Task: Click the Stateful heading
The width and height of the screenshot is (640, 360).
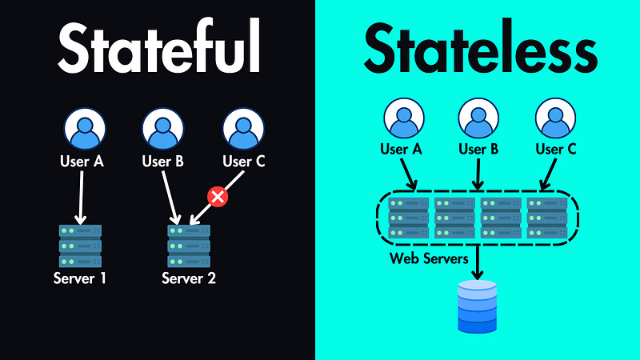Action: click(158, 50)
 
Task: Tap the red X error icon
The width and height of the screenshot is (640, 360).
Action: click(216, 196)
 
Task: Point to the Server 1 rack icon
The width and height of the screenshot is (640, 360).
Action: click(81, 246)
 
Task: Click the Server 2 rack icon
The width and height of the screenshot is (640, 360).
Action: click(189, 246)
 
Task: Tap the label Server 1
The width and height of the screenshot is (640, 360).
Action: click(80, 279)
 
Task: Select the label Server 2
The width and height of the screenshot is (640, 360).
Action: click(189, 279)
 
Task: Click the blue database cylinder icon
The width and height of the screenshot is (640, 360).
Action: click(477, 306)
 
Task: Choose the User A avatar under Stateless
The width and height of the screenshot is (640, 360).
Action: click(404, 119)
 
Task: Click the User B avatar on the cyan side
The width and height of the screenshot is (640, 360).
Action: click(478, 119)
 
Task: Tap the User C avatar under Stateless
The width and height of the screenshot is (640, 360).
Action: click(554, 119)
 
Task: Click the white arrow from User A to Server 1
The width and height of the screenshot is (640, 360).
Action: click(81, 197)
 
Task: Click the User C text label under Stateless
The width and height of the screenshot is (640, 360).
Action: click(554, 149)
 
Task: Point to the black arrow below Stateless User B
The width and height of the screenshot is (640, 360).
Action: click(478, 174)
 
